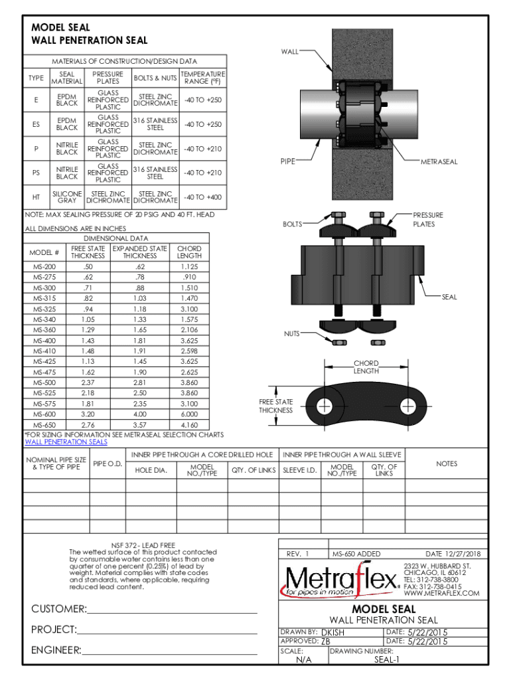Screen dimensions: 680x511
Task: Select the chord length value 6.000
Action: pos(189,414)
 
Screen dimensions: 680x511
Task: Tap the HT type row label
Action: pos(35,197)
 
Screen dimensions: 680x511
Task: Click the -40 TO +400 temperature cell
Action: pos(202,197)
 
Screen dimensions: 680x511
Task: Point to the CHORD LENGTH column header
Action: pos(189,252)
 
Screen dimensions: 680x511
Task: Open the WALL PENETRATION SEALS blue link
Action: pos(66,442)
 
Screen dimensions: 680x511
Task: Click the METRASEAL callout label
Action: pos(439,161)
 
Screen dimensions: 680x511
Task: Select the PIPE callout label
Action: pos(287,161)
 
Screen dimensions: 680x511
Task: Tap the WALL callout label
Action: pos(290,51)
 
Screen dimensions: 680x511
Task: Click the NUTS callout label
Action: pos(293,333)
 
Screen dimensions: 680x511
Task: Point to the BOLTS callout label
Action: pos(293,224)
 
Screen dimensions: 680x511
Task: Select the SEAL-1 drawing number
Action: pos(387,659)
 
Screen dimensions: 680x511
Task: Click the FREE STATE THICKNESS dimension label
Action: pos(276,406)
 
